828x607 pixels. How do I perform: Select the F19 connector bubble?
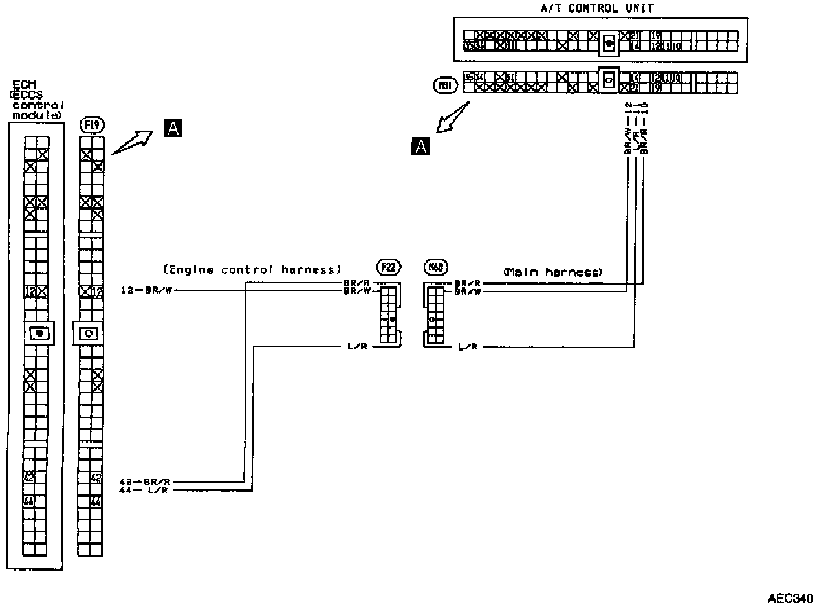pyautogui.click(x=91, y=124)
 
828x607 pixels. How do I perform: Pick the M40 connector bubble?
pyautogui.click(x=434, y=267)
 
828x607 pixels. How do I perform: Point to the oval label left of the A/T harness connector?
pyautogui.click(x=446, y=85)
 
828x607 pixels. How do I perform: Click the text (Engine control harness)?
pyautogui.click(x=252, y=270)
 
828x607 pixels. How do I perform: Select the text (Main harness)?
pyautogui.click(x=552, y=272)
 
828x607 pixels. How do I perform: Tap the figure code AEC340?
pyautogui.click(x=790, y=597)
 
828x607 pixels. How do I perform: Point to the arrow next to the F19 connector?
pyautogui.click(x=132, y=142)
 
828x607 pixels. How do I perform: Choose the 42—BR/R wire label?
pyautogui.click(x=145, y=481)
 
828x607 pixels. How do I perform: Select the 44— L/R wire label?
pyautogui.click(x=145, y=491)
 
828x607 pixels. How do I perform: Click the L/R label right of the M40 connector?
pyautogui.click(x=467, y=348)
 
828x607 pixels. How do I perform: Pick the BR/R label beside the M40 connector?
pyautogui.click(x=467, y=283)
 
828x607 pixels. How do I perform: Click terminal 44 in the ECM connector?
pyautogui.click(x=28, y=502)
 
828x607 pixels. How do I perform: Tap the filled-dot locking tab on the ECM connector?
pyautogui.click(x=39, y=333)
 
